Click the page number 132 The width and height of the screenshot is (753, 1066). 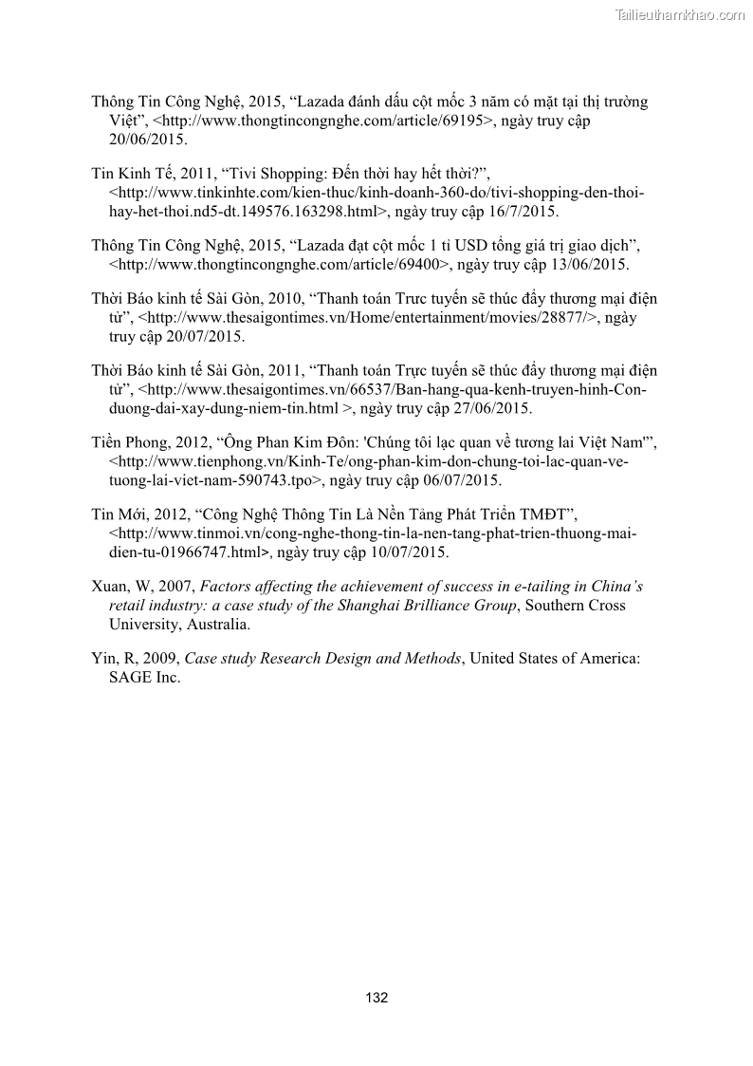pyautogui.click(x=376, y=998)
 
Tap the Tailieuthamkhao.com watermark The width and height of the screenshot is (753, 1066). pyautogui.click(x=680, y=14)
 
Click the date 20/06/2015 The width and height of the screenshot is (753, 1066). pyautogui.click(x=148, y=139)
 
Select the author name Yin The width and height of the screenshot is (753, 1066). pyautogui.click(x=102, y=659)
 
